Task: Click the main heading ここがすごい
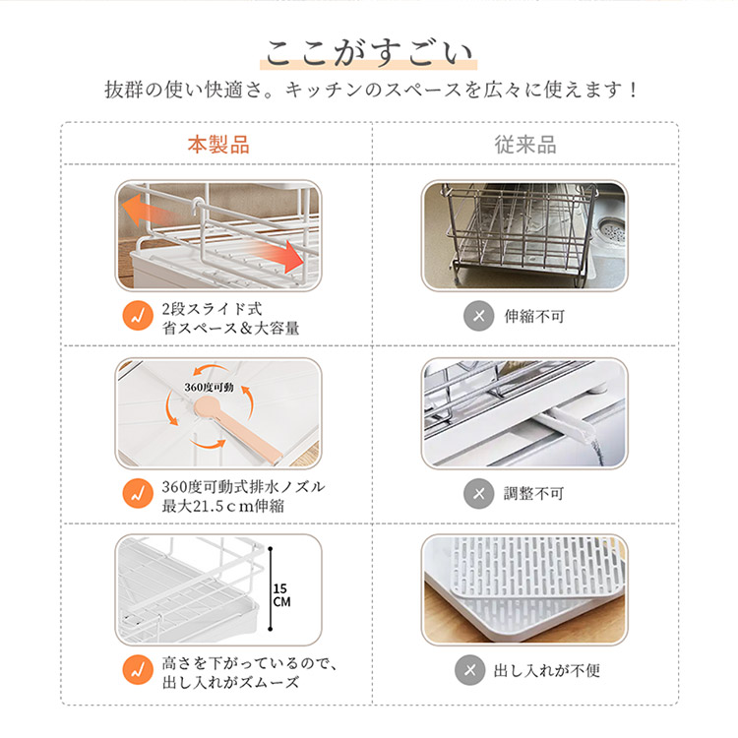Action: point(369,53)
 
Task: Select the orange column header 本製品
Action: point(218,145)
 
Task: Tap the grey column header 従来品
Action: point(525,145)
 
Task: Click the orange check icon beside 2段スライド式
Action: point(138,315)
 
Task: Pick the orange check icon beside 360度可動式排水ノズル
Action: point(138,493)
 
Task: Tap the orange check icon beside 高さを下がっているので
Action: point(138,670)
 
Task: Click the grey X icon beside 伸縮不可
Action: point(478,315)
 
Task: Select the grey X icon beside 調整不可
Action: point(478,493)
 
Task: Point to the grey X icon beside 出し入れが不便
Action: point(469,670)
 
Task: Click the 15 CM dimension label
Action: point(281,595)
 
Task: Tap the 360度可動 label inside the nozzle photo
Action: point(209,387)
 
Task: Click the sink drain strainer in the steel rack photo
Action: point(610,232)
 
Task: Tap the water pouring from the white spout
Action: point(596,451)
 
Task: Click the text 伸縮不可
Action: point(534,316)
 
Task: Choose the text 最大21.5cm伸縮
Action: point(223,506)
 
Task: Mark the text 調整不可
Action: point(534,494)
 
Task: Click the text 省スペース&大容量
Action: point(230,328)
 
